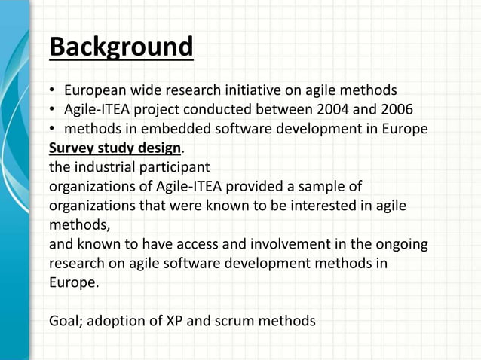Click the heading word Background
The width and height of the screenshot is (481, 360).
[121, 47]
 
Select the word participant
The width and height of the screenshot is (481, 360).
[176, 166]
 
